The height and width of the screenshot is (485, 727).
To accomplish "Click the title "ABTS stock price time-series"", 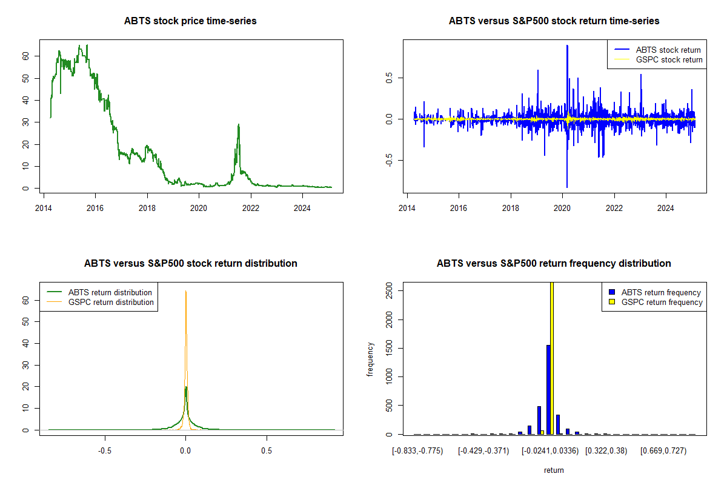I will pos(190,21).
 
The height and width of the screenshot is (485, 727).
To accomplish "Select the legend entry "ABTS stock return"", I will pos(668,50).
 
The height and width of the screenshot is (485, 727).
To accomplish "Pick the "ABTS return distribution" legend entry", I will pos(110,292).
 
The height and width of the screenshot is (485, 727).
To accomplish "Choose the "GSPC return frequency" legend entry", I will pos(662,302).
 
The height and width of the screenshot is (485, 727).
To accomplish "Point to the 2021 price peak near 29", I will pos(239,125).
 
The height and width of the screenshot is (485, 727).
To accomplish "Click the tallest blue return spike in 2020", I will pos(567,45).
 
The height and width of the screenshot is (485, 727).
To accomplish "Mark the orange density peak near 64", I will pos(186,292).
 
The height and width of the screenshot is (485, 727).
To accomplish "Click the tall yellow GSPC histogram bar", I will pos(552,358).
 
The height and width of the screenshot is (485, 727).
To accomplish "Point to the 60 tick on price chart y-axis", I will pos(26,56).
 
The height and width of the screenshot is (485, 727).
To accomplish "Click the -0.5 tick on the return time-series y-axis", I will pos(390,161).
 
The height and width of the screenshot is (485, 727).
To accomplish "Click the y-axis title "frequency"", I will pos(370,359).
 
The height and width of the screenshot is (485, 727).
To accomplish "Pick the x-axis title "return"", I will pos(554,470).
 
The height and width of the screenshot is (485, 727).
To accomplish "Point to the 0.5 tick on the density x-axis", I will pos(266,450).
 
